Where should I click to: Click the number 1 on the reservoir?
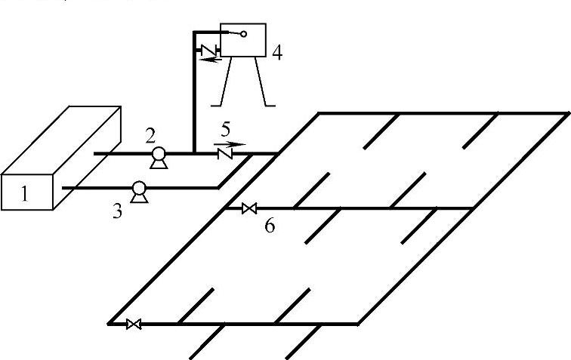coord(24,194)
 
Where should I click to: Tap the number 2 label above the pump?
coord(151,136)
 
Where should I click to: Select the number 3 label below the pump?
coord(117,211)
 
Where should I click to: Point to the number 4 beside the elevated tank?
coord(277,54)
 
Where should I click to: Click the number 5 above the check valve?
coord(226,129)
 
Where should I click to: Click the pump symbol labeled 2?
coord(159,155)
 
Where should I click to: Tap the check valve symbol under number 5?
coord(224,153)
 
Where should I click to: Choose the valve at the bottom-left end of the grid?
coord(134,325)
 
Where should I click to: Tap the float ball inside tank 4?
coord(243,34)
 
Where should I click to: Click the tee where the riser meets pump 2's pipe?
coord(194,153)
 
